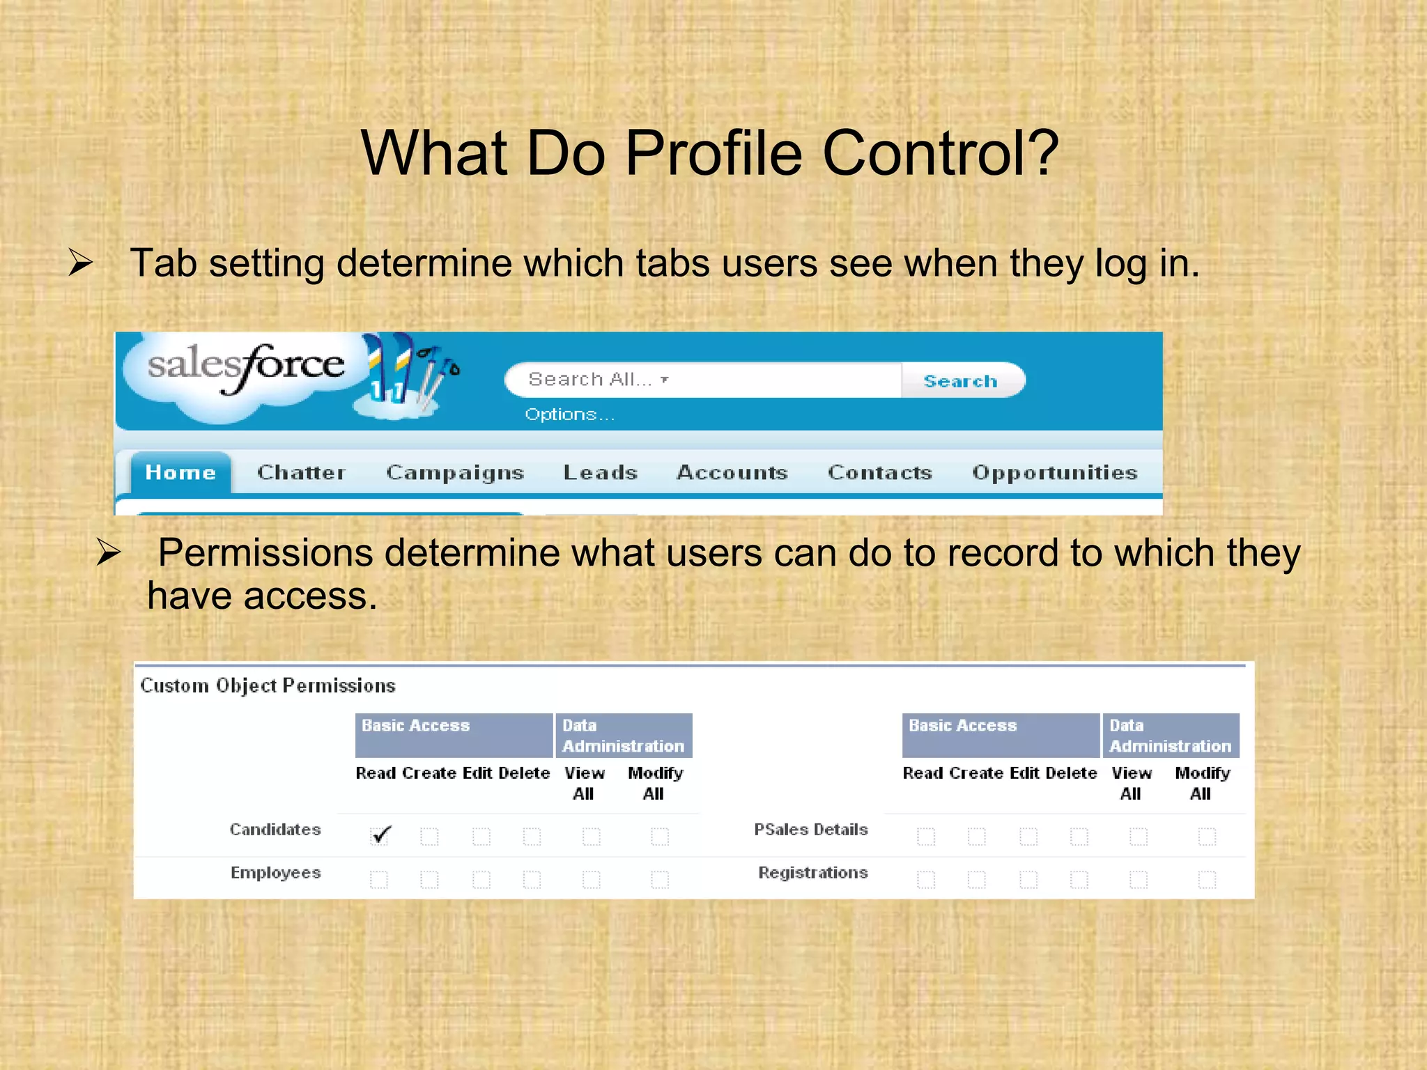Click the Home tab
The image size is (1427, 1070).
(x=180, y=472)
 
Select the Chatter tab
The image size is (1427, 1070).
(x=301, y=472)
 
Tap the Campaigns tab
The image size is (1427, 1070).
(x=455, y=472)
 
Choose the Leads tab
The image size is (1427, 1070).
(x=601, y=472)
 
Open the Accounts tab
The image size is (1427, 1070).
(x=732, y=472)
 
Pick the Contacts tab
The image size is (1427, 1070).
(x=880, y=472)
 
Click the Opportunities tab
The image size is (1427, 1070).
(x=1055, y=472)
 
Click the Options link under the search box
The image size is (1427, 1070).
(x=569, y=414)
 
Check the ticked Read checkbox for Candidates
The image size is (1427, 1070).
(x=380, y=835)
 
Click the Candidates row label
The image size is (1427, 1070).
(x=275, y=830)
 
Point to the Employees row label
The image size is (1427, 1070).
(x=276, y=873)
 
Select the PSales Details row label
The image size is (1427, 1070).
(x=811, y=830)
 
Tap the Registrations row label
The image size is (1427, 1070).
(x=813, y=873)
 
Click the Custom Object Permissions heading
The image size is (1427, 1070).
(x=268, y=686)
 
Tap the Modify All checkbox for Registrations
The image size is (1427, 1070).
(x=1207, y=880)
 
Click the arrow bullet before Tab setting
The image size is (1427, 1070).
(x=81, y=263)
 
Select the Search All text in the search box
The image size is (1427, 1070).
(x=590, y=380)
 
